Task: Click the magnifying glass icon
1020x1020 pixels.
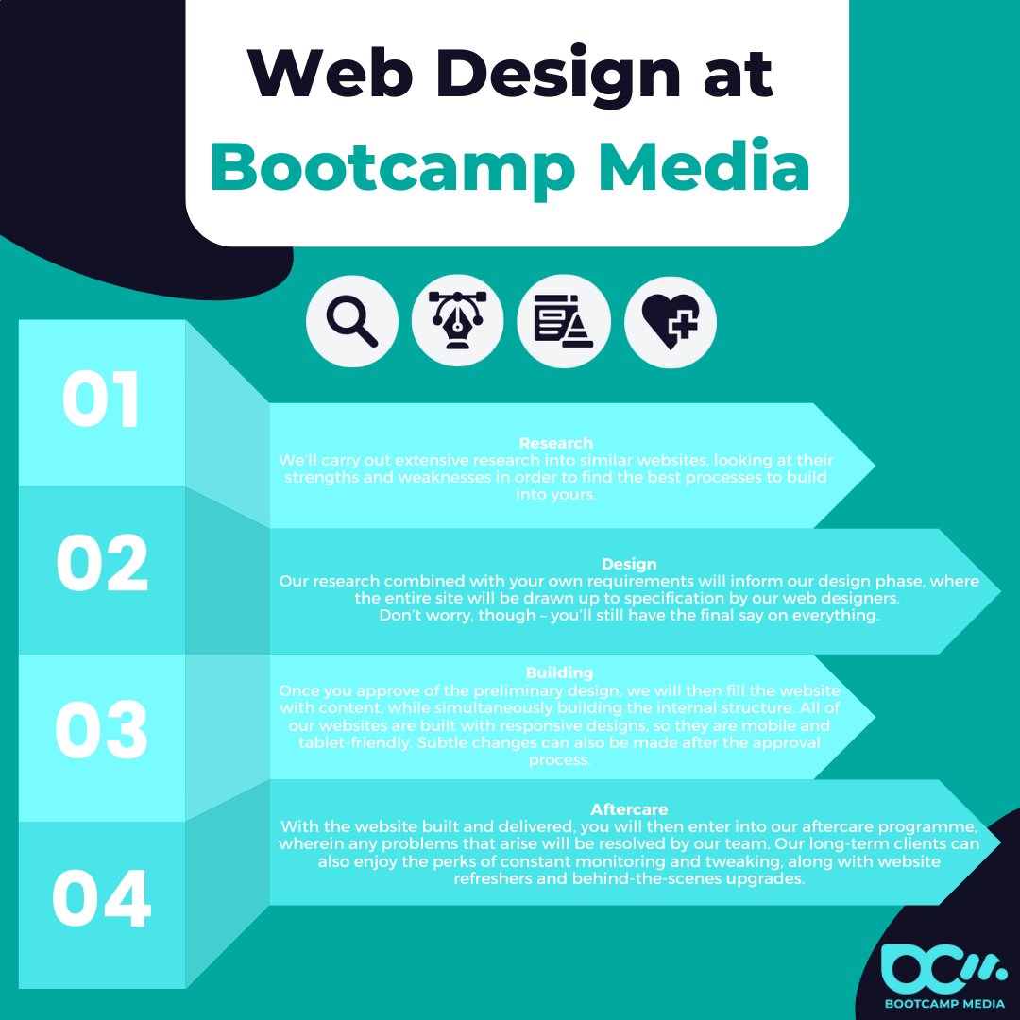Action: click(351, 323)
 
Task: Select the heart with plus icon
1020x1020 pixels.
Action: click(671, 323)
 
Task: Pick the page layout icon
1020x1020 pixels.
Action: click(564, 323)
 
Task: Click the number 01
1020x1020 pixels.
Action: click(101, 400)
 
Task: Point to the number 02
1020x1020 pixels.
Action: click(102, 565)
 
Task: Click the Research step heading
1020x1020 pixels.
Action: click(556, 443)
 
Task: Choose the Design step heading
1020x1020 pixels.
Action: click(629, 565)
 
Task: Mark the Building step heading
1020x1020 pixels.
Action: click(559, 672)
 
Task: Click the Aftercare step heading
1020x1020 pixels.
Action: click(629, 809)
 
